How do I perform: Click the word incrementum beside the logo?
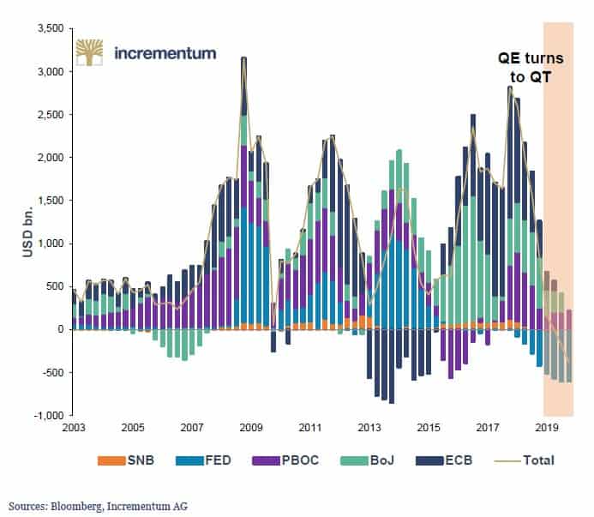tap(165, 53)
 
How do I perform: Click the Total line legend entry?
tap(535, 460)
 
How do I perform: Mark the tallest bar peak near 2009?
tap(244, 59)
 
